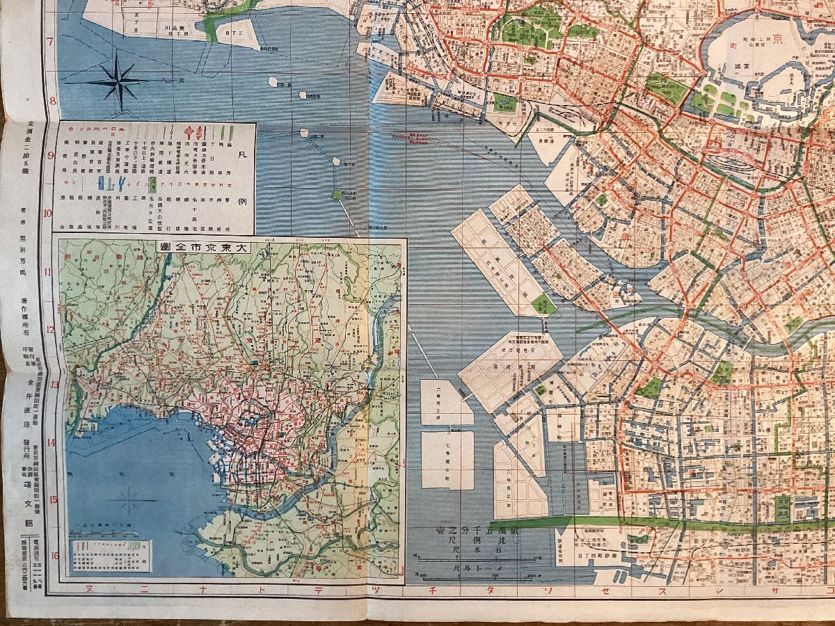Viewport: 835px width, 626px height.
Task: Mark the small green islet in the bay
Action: pos(337,195)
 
